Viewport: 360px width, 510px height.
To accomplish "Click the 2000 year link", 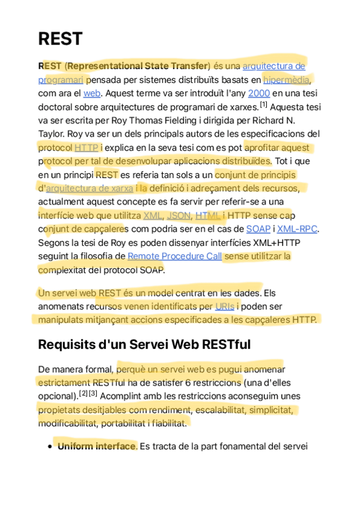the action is point(258,93).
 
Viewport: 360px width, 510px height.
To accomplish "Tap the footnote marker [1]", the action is point(263,105).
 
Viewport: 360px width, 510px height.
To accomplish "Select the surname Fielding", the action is point(159,120).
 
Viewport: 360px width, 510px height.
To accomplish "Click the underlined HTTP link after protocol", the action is point(87,147).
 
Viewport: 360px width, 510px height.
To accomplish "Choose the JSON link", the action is point(178,215).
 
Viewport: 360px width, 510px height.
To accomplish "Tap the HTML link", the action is point(207,215).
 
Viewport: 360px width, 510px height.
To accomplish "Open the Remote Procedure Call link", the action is point(174,256).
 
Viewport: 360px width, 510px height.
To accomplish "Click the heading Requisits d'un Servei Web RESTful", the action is point(144,345).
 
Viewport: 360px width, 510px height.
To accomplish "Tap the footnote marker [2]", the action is point(83,394).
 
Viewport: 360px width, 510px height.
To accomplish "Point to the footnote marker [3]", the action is point(93,394).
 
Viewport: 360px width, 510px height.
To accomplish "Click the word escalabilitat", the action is point(213,410).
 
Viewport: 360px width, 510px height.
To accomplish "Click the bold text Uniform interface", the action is point(97,446).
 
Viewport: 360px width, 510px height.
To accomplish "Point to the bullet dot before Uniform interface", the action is point(49,447).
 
